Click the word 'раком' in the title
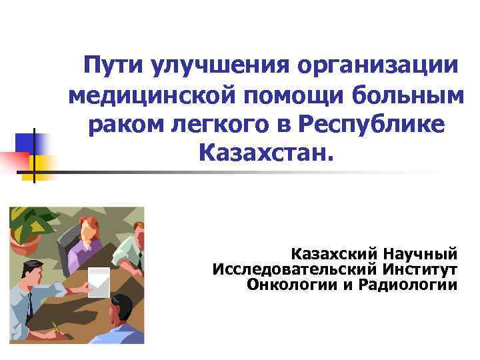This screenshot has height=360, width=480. pos(121,127)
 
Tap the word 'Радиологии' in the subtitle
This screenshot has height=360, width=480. pos(407,285)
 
